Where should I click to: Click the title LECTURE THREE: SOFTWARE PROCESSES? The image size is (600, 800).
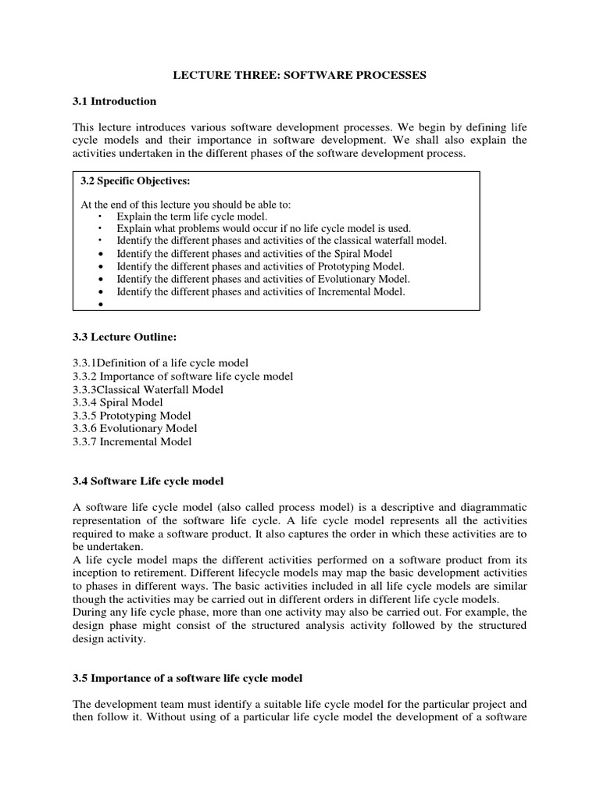click(299, 76)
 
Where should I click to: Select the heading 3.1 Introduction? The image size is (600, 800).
click(114, 102)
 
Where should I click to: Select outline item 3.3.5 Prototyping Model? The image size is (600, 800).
click(131, 416)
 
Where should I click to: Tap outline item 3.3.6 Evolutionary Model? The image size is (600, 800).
click(134, 428)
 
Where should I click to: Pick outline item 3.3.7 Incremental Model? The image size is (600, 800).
click(131, 441)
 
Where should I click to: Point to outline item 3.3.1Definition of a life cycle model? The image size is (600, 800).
click(160, 363)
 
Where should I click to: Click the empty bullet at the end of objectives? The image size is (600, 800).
click(102, 305)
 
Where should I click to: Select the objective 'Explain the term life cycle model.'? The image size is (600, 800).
click(191, 216)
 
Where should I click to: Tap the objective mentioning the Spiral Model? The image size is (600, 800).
click(254, 254)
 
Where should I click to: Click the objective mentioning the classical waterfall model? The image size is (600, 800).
click(281, 241)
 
